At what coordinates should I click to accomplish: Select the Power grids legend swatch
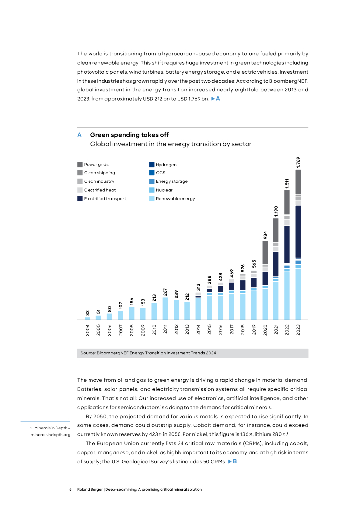[80, 164]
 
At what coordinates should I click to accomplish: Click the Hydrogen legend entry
[166, 165]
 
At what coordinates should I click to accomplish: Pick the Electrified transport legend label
[104, 198]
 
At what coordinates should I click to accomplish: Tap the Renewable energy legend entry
[175, 198]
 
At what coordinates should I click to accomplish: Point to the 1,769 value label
[298, 162]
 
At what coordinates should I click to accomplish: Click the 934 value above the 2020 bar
[265, 234]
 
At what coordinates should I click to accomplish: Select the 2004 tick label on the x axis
[88, 330]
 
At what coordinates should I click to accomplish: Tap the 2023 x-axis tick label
[298, 330]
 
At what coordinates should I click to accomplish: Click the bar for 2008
[132, 313]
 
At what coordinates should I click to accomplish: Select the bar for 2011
[165, 308]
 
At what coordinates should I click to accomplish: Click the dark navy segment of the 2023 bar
[298, 232]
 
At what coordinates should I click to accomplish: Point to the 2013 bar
[187, 311]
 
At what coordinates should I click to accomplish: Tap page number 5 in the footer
[71, 490]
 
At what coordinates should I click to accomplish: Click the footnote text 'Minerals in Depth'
[50, 428]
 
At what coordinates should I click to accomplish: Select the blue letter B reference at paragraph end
[234, 462]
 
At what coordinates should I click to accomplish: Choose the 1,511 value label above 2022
[287, 183]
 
